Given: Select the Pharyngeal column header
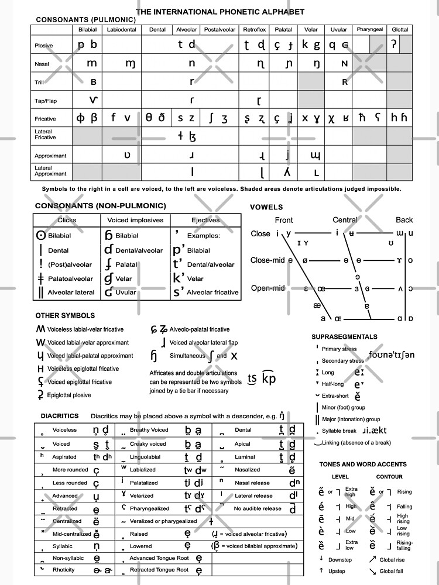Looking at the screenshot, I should click(x=369, y=29).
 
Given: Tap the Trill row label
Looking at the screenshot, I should click(x=39, y=82).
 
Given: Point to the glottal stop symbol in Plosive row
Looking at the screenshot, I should click(x=394, y=44).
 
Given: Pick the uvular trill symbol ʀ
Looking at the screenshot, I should click(x=345, y=82).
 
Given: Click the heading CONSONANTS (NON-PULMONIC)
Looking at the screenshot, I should click(x=100, y=206).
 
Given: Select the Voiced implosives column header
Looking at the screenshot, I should click(x=136, y=221).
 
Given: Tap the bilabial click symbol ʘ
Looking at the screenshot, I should click(x=40, y=235).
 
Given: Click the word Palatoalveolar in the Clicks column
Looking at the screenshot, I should click(x=70, y=279).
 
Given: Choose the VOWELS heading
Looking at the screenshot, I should click(x=266, y=207).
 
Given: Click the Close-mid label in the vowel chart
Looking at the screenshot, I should click(x=267, y=260).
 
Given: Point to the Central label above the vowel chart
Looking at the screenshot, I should click(x=345, y=220).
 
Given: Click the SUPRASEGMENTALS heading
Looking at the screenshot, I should click(x=344, y=337).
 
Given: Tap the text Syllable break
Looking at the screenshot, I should click(x=339, y=431).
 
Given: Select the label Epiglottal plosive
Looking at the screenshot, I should click(x=69, y=395).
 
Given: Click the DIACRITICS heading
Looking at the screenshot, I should click(x=60, y=416).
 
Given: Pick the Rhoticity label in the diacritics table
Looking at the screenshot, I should click(x=64, y=570).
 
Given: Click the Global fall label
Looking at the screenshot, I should click(x=392, y=571).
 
